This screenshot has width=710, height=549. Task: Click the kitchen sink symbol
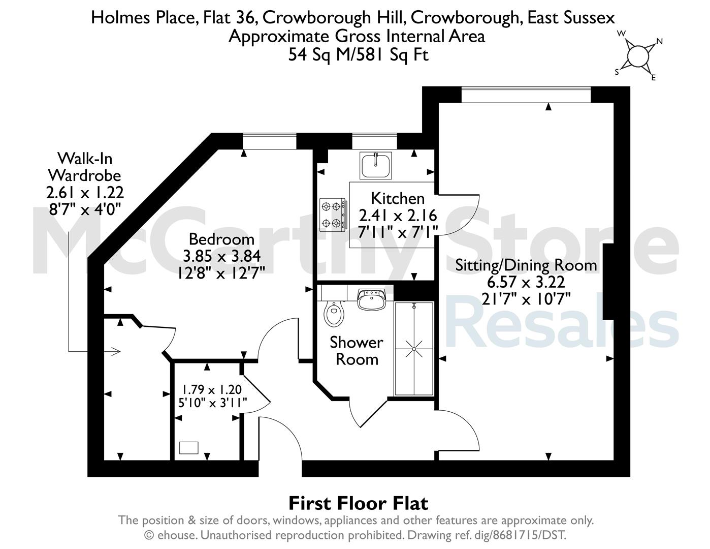coord(376,165)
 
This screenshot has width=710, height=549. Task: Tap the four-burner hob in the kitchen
coord(333,215)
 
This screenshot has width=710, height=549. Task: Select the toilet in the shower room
coord(334,313)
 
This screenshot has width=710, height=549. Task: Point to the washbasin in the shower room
coord(371,299)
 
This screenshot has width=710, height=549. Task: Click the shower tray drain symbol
coord(414,349)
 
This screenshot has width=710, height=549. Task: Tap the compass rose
coord(637,56)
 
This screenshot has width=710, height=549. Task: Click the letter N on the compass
coord(659,42)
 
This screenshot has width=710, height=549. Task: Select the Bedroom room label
coord(221,239)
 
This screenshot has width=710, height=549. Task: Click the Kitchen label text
coord(398,198)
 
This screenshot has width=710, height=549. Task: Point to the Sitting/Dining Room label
coord(526,265)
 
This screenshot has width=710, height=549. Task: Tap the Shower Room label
coord(357,351)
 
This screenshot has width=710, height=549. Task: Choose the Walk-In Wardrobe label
coord(85,167)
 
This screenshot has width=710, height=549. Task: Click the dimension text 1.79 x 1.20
coord(211,389)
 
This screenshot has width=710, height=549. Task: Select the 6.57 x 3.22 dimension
coord(526,282)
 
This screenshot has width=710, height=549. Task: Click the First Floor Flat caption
coord(359,503)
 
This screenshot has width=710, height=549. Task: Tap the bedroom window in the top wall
coord(270,141)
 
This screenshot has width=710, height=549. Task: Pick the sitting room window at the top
coord(526,95)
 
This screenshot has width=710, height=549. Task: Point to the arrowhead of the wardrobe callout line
coord(117,352)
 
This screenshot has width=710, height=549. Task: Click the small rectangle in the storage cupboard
coord(188,448)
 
